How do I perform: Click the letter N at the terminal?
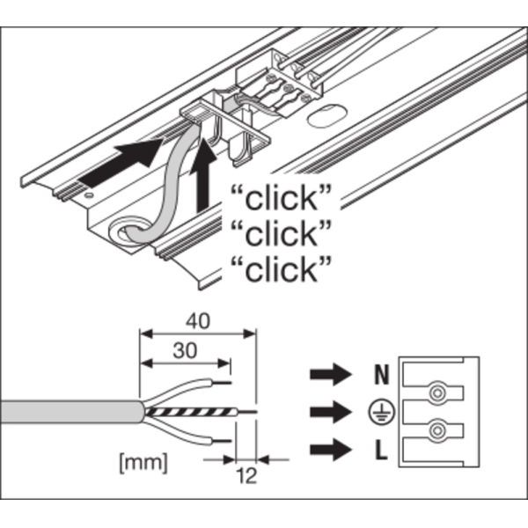tap(380, 375)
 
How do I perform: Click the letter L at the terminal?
tap(380, 452)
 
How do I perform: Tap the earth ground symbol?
tap(380, 412)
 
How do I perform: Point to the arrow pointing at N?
tap(327, 375)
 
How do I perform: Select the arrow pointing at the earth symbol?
tap(327, 412)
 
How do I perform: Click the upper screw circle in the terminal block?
tap(435, 390)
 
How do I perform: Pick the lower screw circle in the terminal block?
tap(435, 431)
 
